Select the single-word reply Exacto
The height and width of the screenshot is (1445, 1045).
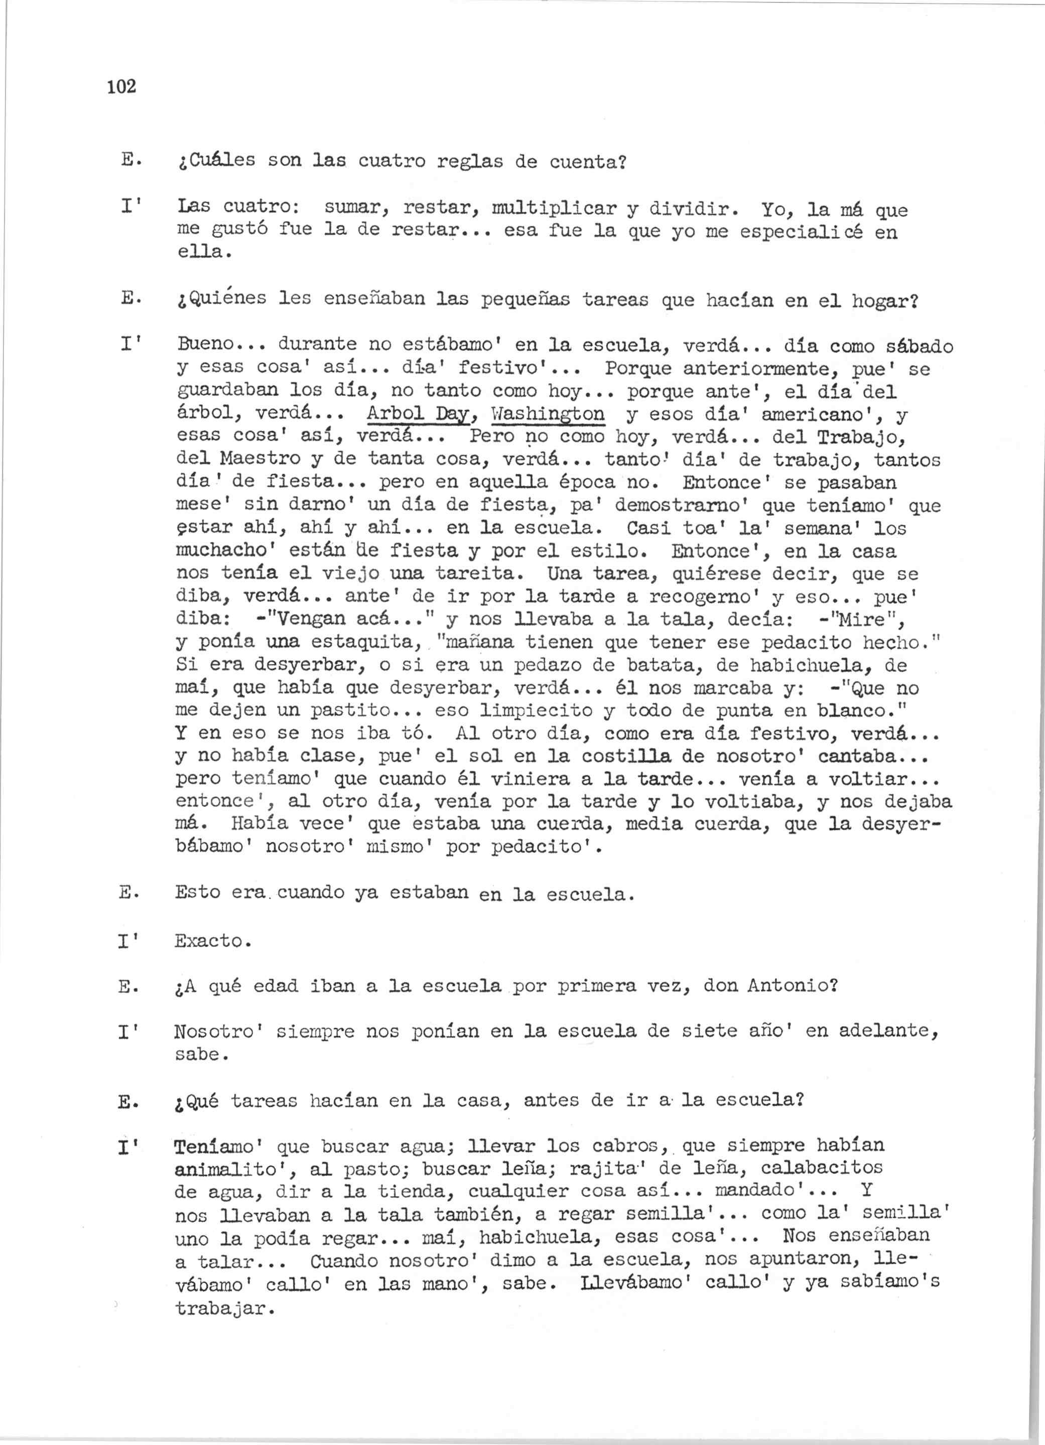click(x=213, y=941)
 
